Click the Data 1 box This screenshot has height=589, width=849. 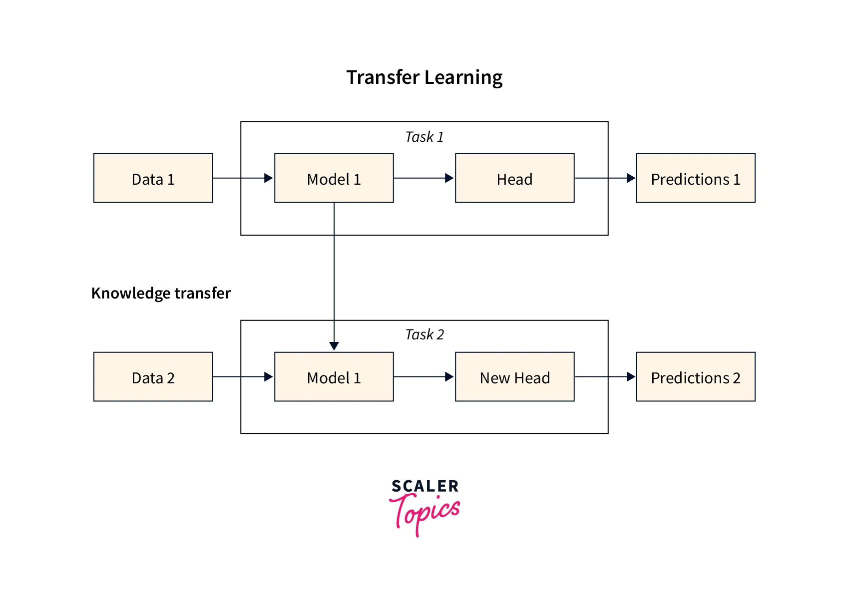pos(153,178)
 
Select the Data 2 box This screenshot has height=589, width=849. pos(153,377)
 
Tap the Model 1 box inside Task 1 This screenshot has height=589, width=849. pos(334,178)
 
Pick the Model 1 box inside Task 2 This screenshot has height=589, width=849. pos(334,377)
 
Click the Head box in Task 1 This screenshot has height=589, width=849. pos(514,178)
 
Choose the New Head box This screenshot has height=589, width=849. pos(514,377)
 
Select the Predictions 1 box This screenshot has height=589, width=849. pos(695,178)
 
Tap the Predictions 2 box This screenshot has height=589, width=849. pos(695,377)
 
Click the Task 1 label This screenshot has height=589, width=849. pos(424,137)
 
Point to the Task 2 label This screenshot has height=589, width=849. pos(424,334)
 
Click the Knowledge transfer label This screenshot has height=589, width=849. pos(161,293)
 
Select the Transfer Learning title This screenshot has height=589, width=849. pos(424,77)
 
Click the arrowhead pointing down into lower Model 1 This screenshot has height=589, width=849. pos(334,345)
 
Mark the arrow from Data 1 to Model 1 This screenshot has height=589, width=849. pos(243,178)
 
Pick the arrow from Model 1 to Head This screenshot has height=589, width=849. pos(424,178)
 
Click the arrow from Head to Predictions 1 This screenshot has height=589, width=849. pos(605,178)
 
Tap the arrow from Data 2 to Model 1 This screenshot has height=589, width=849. pos(243,377)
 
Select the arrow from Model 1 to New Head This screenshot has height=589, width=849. pos(424,377)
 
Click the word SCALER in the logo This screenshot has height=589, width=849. pos(424,486)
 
